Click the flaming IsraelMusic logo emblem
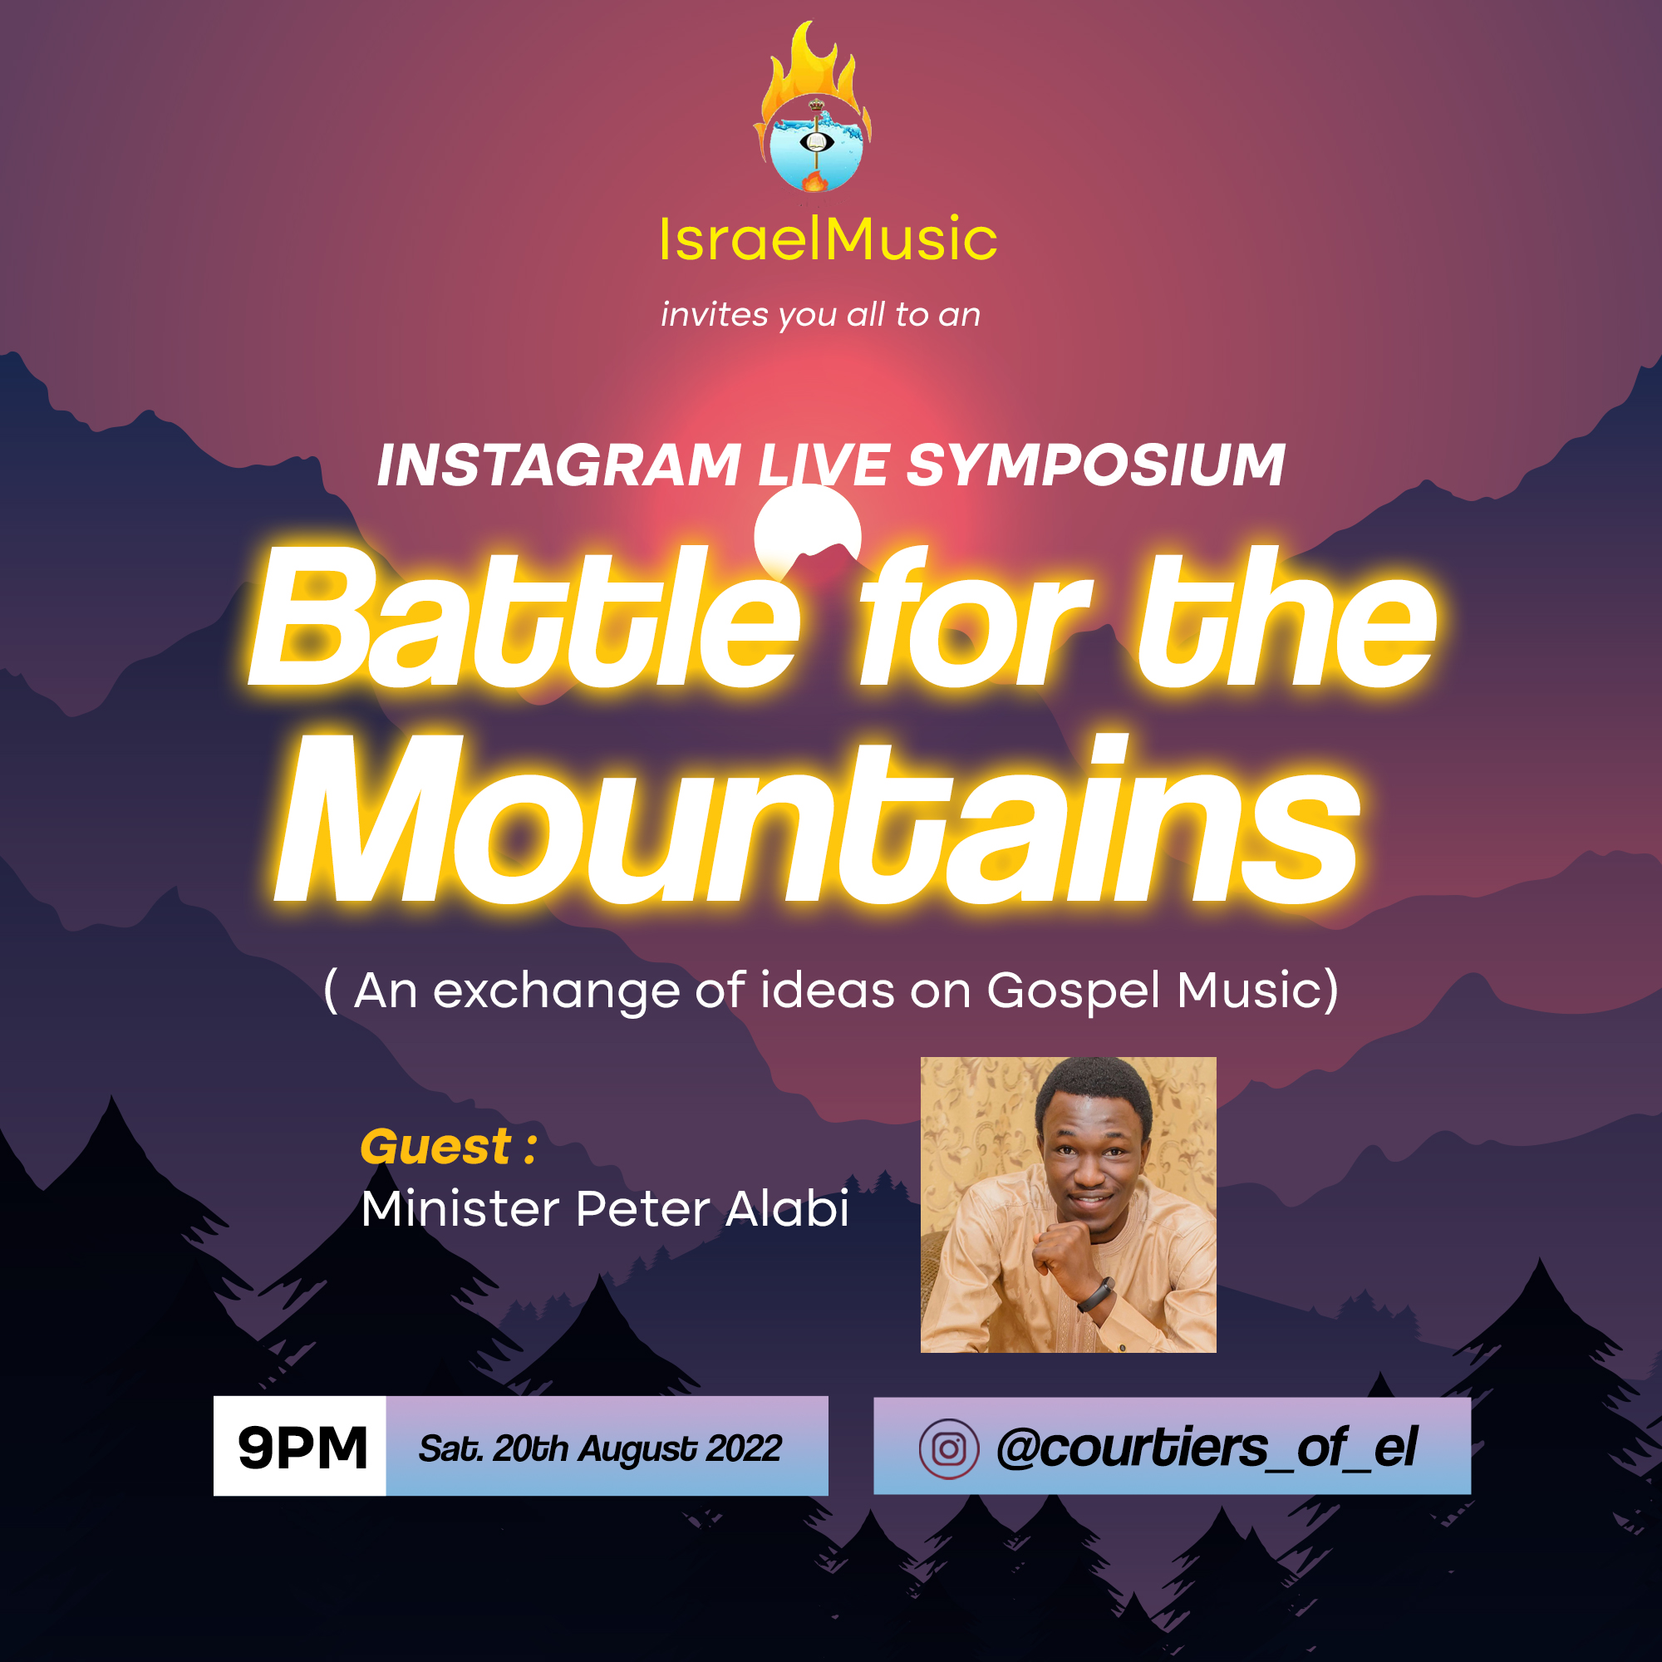point(813,106)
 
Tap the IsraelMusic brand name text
point(829,238)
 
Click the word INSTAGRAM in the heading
point(559,465)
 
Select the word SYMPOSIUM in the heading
point(1096,465)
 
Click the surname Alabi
point(787,1208)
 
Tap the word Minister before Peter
point(460,1208)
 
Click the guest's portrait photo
point(1069,1204)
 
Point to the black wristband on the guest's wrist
point(1096,1294)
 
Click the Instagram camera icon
point(949,1448)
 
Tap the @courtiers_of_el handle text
point(1207,1448)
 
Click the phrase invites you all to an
point(820,316)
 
